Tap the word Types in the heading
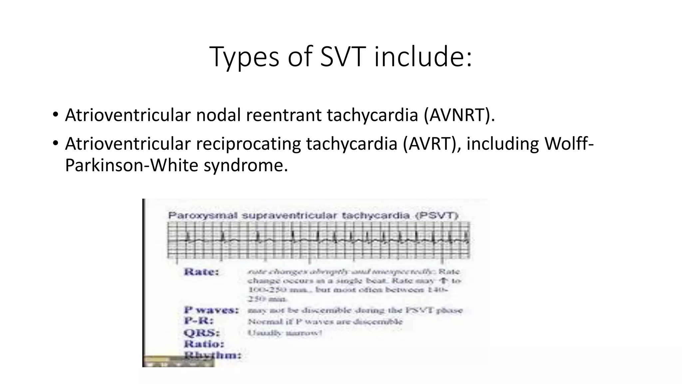244,57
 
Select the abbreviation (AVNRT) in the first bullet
459,115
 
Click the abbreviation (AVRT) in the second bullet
432,144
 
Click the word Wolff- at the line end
569,144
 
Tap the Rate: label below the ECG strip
201,272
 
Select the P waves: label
211,310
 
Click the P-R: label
199,321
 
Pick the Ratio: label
204,344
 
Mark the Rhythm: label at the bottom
212,355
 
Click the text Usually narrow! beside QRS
285,333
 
